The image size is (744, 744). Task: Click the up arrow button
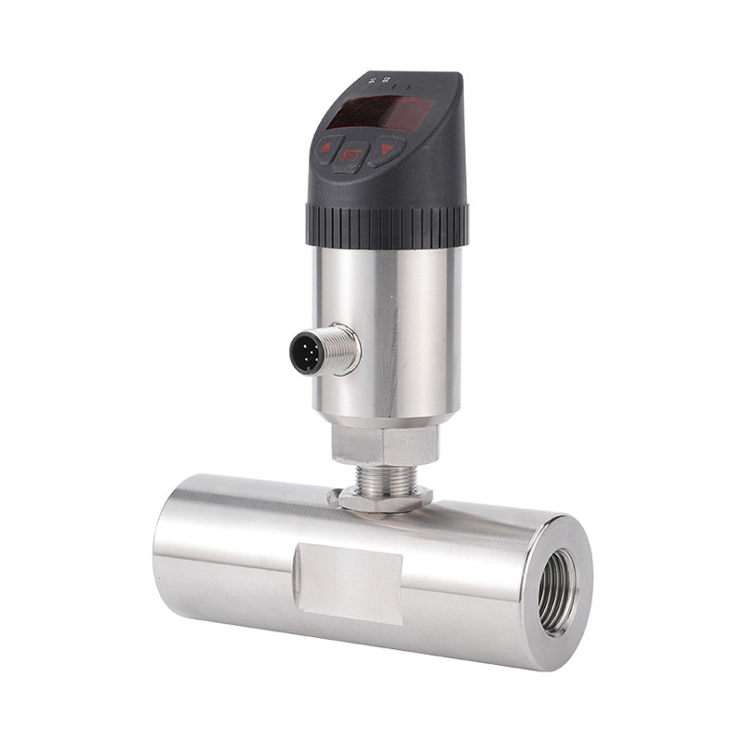326,147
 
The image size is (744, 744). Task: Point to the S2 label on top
385,80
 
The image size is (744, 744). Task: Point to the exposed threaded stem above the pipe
381,474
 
